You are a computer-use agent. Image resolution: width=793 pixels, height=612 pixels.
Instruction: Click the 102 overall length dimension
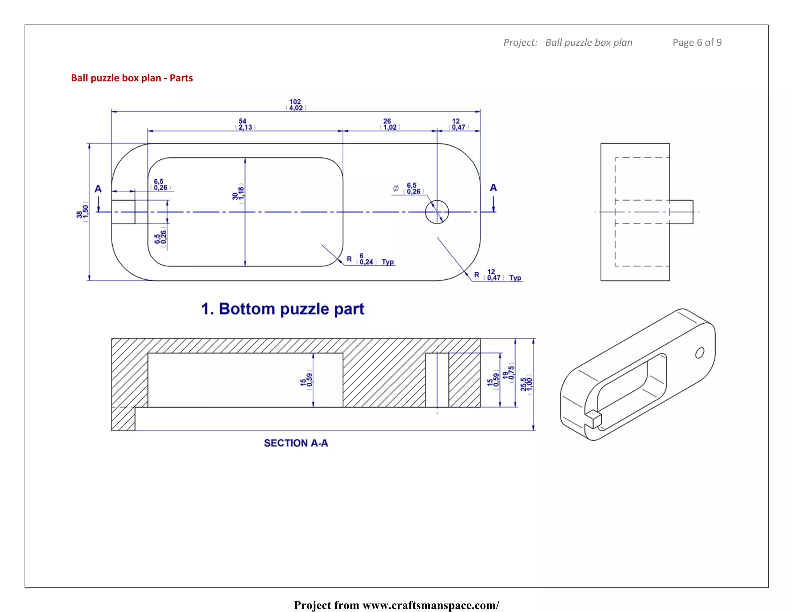[x=296, y=105]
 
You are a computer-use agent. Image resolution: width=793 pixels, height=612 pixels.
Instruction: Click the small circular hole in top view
[x=437, y=212]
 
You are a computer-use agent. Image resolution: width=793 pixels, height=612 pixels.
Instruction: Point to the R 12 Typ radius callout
[x=498, y=275]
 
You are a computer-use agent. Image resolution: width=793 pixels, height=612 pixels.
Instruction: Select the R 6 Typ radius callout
[x=370, y=259]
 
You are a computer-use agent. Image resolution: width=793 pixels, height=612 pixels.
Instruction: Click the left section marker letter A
[x=98, y=189]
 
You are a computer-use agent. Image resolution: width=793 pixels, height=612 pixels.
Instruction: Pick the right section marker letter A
[x=493, y=188]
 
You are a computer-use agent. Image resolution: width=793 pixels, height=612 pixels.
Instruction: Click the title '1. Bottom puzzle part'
[x=283, y=309]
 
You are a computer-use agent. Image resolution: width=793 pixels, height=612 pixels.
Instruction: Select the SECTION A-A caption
[x=296, y=443]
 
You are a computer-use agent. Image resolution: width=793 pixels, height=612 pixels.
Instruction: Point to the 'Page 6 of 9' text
[x=697, y=43]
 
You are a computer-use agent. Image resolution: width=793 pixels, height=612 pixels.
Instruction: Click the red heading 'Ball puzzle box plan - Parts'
[x=132, y=78]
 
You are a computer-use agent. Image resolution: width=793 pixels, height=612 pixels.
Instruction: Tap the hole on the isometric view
[x=699, y=353]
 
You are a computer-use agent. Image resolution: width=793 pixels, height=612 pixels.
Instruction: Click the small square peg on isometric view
[x=593, y=419]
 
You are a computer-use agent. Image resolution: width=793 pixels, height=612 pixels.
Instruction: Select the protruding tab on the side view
[x=681, y=212]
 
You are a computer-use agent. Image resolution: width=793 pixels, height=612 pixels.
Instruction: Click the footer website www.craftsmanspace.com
[x=431, y=605]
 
